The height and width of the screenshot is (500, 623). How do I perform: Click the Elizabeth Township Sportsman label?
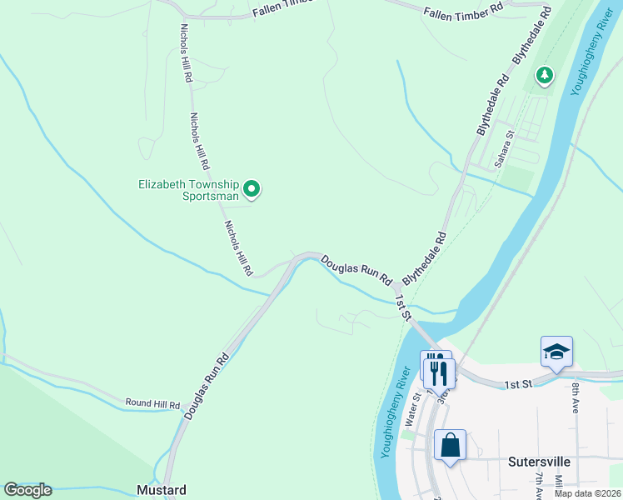pos(188,191)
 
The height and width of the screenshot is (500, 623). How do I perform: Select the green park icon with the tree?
pos(545,77)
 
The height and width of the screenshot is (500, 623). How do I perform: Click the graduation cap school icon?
pos(556,352)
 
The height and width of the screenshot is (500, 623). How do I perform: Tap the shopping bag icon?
pos(451,445)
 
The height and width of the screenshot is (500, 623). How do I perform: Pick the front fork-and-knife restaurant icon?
pos(441,372)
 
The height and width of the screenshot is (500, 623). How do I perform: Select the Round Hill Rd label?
pos(152,404)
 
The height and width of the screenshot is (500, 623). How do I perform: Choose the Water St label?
pos(410,411)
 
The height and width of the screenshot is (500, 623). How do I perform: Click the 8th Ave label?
pos(576,397)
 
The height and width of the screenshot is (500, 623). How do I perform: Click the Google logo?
pos(28,490)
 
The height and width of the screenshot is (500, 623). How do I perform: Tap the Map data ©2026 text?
pos(587,493)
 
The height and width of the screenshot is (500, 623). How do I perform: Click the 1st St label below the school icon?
pos(516,384)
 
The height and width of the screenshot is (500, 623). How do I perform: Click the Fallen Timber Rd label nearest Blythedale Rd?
pos(463,11)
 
